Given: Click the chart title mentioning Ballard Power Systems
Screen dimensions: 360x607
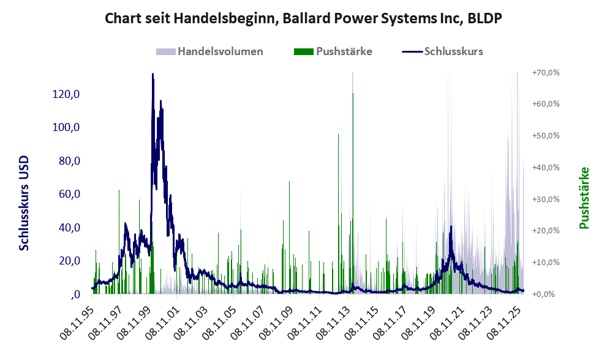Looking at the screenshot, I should click(303, 18).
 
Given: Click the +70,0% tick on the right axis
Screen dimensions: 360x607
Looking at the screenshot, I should click(546, 72).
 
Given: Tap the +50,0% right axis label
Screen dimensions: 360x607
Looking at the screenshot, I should click(546, 135).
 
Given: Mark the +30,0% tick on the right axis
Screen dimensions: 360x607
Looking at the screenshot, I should click(546, 199).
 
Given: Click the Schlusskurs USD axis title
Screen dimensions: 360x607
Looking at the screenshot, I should click(25, 203).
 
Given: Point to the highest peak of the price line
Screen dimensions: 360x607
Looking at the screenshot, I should click(153, 74).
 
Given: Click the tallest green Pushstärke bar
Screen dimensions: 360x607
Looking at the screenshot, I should click(353, 93).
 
